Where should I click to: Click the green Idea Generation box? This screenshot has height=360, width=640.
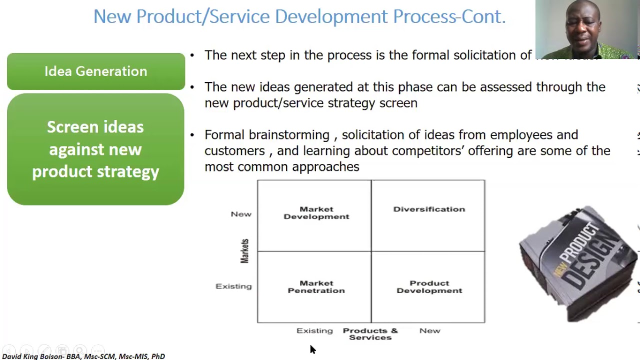[x=95, y=71]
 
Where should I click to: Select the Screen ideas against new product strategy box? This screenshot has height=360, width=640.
[x=95, y=149]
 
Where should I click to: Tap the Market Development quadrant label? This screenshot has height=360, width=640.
[x=316, y=213]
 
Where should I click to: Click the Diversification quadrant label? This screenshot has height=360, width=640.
[x=429, y=209]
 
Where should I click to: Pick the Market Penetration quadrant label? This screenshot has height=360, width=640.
[x=316, y=287]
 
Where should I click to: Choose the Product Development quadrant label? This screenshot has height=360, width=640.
[x=429, y=287]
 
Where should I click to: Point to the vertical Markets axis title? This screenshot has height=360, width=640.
[x=244, y=251]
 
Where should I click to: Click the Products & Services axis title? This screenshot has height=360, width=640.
[x=370, y=334]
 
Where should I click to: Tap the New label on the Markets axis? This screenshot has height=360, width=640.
[x=241, y=214]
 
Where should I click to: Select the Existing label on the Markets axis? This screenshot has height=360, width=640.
[x=233, y=286]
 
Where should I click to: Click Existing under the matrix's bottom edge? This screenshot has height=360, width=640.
[x=314, y=330]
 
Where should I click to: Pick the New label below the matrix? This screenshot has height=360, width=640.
[x=429, y=330]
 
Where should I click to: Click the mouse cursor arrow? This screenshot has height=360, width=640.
[x=312, y=349]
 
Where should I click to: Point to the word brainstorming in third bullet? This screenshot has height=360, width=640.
[x=289, y=135]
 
